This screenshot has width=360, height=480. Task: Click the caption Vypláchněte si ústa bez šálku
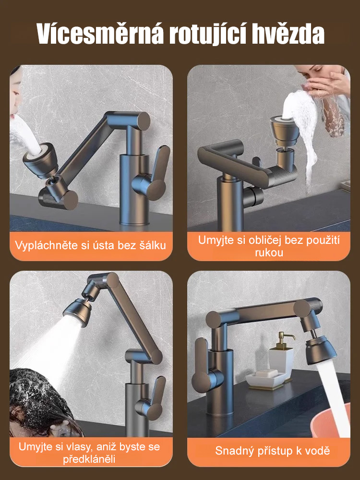pyautogui.click(x=91, y=245)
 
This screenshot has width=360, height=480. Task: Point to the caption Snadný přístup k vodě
pyautogui.click(x=272, y=451)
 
